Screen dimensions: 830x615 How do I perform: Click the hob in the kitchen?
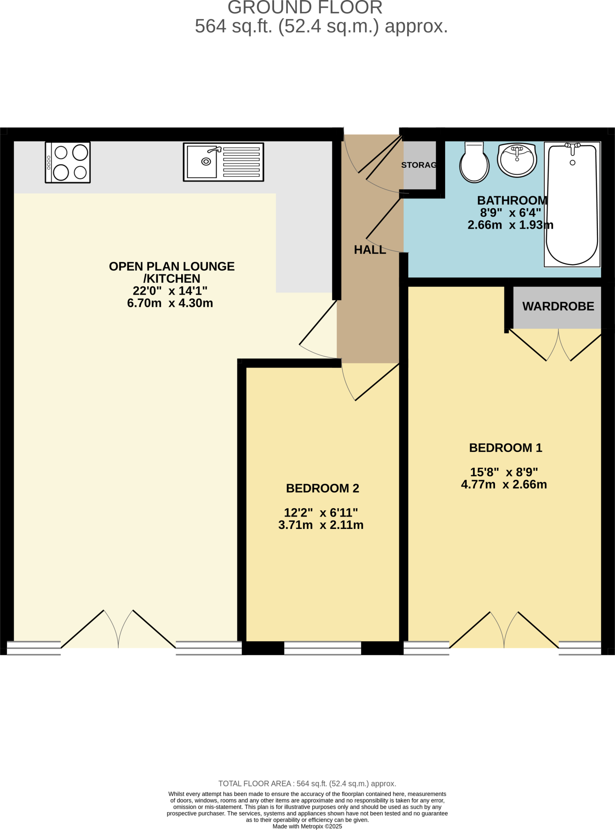68,163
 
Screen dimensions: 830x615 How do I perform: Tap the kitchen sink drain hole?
206,162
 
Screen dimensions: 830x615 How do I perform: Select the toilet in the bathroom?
474,163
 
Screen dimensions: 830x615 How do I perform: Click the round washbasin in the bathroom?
517,160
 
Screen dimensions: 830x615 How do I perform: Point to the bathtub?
572,205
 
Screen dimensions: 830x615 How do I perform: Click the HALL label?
370,250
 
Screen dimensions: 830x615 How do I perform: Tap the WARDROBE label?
558,306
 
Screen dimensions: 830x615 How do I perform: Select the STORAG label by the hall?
419,165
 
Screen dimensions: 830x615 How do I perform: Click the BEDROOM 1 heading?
505,448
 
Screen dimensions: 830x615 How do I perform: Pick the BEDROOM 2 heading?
322,488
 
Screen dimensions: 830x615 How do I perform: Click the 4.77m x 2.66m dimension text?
504,485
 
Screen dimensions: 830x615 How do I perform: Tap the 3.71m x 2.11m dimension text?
321,525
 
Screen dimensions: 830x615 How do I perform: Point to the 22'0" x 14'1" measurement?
170,291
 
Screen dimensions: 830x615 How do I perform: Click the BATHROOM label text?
512,201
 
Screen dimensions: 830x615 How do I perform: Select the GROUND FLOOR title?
305,8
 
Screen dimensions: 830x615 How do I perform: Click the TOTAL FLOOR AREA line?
307,783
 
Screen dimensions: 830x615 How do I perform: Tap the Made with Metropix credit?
307,826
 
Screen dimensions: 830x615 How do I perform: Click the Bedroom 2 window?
322,648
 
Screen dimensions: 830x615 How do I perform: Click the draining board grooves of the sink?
241,162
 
